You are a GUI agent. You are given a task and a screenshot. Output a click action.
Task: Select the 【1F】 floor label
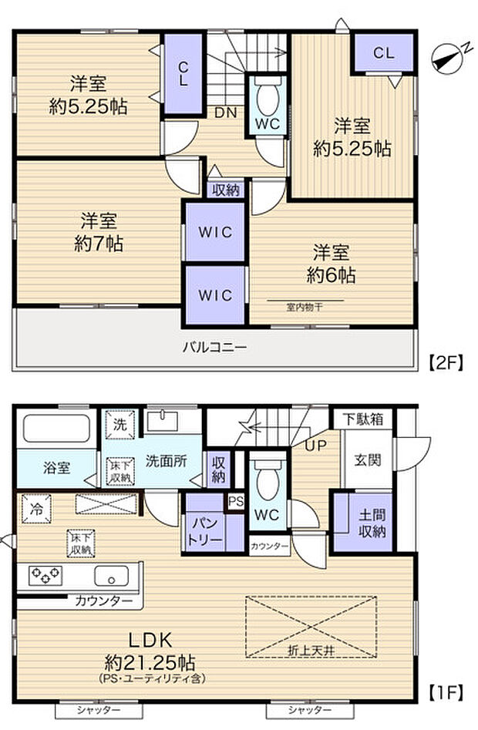(x=445, y=691)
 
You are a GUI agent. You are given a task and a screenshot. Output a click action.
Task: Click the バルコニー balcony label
(x=215, y=348)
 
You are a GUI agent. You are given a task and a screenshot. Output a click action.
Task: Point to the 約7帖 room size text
(x=97, y=244)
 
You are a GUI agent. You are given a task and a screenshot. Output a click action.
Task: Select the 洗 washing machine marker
(x=119, y=424)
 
